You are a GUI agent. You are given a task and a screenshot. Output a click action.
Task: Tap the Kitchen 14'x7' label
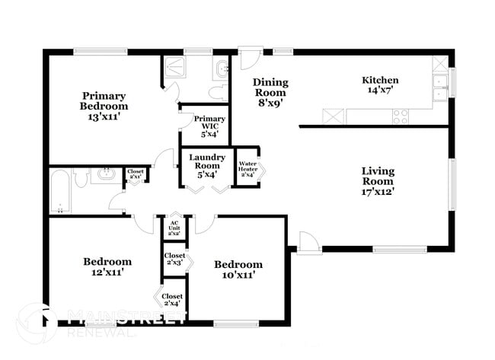(x=380, y=84)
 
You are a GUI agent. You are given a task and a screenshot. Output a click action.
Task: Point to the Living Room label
(x=378, y=181)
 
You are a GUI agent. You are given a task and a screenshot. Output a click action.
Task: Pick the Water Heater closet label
(x=248, y=168)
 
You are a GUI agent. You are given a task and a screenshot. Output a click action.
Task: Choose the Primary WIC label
(x=209, y=126)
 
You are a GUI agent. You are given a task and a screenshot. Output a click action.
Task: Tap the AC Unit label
(x=174, y=227)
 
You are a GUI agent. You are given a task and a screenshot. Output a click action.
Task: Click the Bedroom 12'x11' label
(x=107, y=266)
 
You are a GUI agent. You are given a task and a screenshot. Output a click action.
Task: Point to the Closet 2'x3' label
(x=174, y=259)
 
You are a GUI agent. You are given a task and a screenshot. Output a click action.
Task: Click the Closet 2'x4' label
(x=172, y=299)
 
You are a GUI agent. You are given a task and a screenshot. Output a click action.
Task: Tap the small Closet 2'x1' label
(x=136, y=175)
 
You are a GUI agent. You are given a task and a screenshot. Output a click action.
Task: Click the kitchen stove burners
(x=401, y=116)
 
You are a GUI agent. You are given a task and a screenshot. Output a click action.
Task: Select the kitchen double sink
(x=440, y=88)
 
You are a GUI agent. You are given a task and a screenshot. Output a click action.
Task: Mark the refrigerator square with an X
(x=333, y=117)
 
